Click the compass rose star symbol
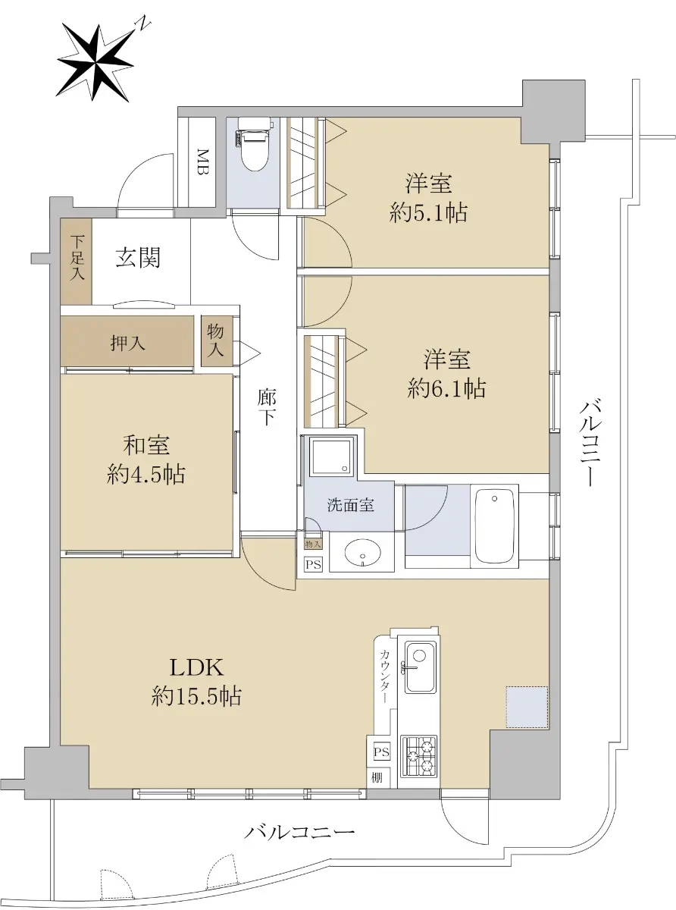click(x=95, y=64)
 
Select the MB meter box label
click(x=202, y=162)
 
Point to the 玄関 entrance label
click(x=138, y=258)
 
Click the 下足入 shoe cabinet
click(x=77, y=261)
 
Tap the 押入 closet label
click(x=127, y=343)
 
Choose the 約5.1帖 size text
click(x=428, y=213)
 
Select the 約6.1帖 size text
click(x=446, y=388)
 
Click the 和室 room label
click(x=146, y=445)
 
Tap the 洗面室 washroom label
click(x=350, y=505)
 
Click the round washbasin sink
click(x=362, y=553)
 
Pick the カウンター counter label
click(x=385, y=676)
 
